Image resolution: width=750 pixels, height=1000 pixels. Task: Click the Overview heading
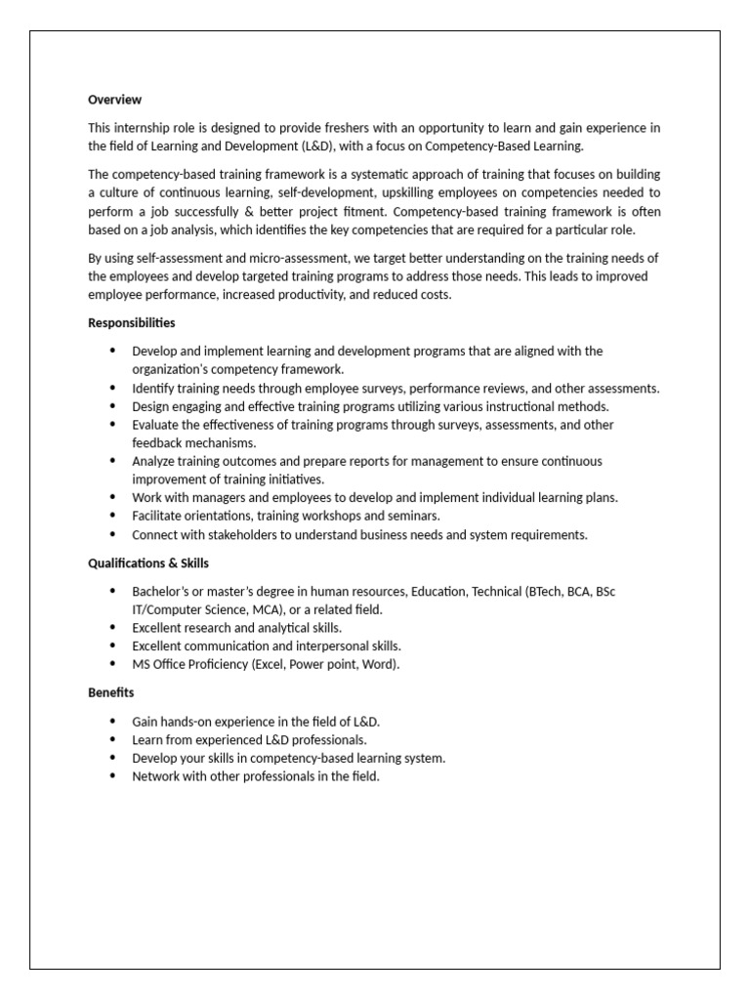(114, 100)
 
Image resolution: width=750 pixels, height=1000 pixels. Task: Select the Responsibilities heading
(132, 323)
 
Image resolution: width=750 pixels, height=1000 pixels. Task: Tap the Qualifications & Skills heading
(148, 563)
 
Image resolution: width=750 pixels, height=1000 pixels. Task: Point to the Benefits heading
(111, 692)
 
